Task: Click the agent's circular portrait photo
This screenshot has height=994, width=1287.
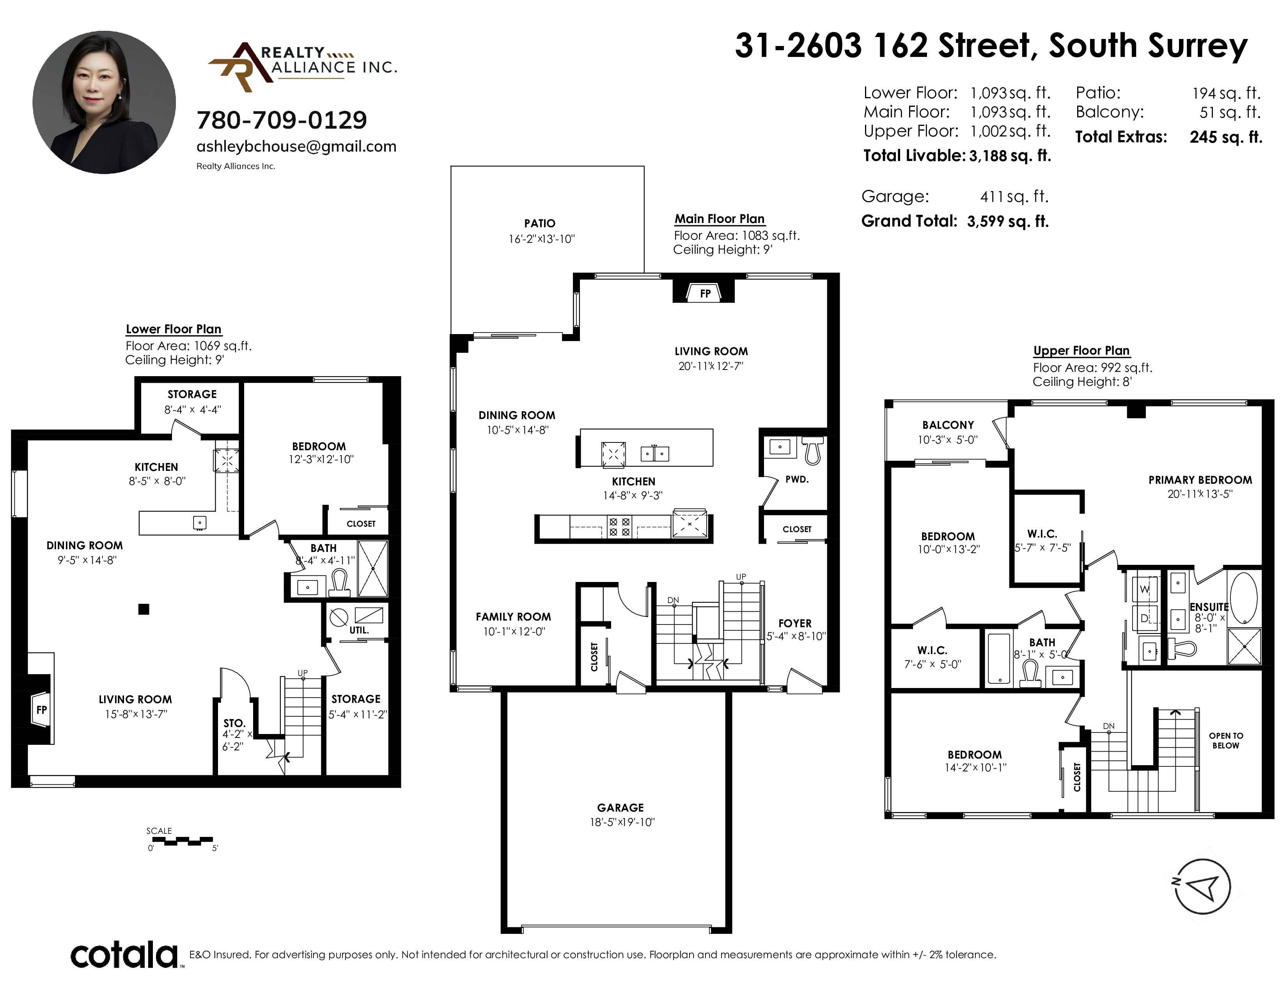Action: pyautogui.click(x=104, y=103)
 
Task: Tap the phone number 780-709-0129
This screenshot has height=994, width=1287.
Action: pyautogui.click(x=282, y=120)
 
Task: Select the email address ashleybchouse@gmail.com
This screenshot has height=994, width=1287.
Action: pyautogui.click(x=296, y=147)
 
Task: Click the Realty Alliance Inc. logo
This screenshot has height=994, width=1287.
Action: pyautogui.click(x=302, y=67)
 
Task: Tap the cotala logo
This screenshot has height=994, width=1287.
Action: pyautogui.click(x=125, y=955)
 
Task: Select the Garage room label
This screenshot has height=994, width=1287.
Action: pyautogui.click(x=620, y=807)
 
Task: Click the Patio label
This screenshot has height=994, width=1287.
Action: pyautogui.click(x=540, y=223)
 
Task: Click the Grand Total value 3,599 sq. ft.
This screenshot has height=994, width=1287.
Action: pyautogui.click(x=1008, y=221)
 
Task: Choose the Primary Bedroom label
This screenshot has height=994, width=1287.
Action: pyautogui.click(x=1200, y=480)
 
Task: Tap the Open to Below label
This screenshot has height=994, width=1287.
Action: pyautogui.click(x=1226, y=740)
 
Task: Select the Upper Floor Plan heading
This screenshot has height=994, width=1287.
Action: pyautogui.click(x=1081, y=351)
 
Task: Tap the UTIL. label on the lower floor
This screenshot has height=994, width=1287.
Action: pyautogui.click(x=359, y=630)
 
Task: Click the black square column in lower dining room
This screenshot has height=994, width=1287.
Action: pyautogui.click(x=144, y=610)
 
